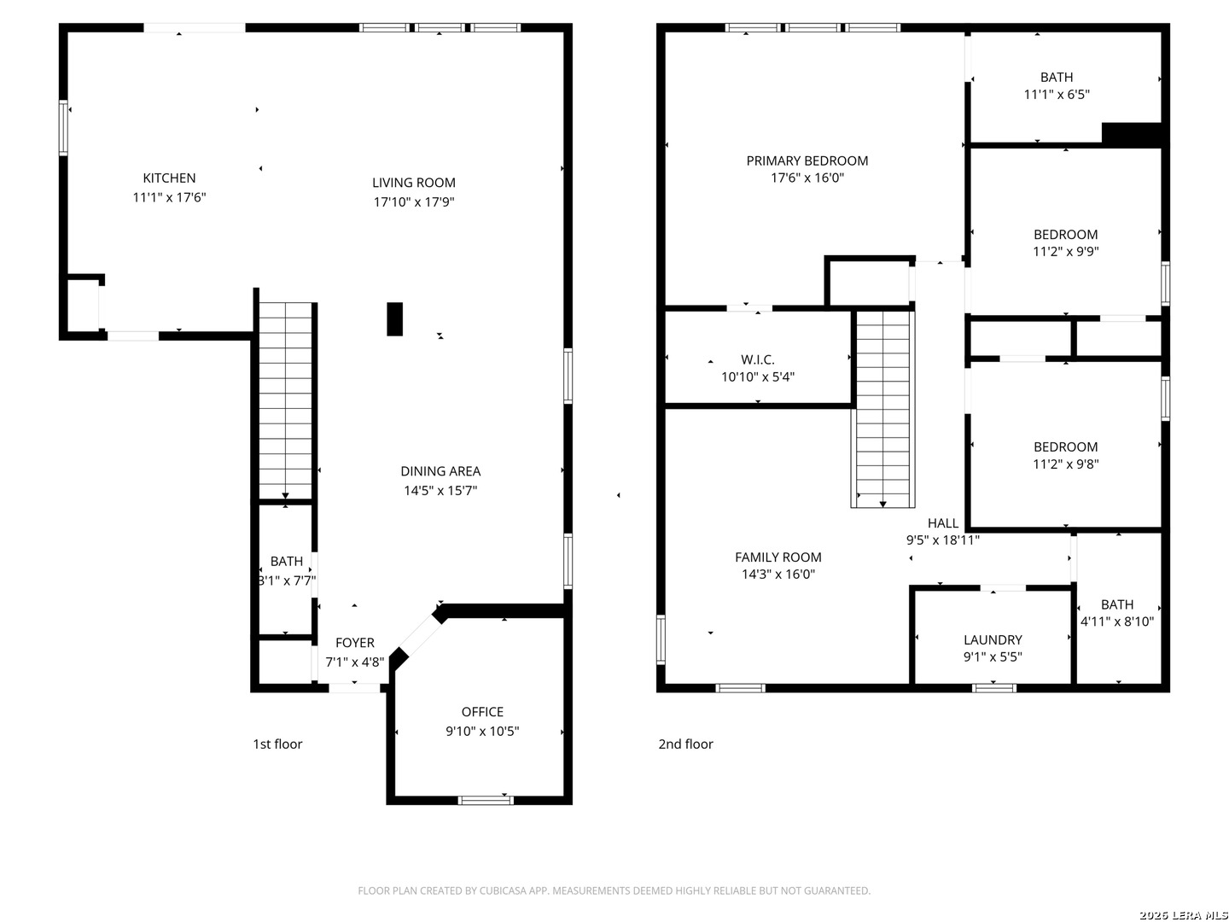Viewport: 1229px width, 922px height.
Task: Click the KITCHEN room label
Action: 169,178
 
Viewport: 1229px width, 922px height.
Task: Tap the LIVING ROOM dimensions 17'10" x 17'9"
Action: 414,201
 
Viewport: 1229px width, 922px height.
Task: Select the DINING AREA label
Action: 440,471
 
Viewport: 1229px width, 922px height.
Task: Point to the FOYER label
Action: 354,643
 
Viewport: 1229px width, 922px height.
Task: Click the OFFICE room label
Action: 482,711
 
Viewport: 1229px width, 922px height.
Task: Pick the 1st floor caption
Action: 277,744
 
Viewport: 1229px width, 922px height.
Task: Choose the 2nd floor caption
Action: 685,744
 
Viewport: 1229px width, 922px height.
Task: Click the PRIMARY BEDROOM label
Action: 807,160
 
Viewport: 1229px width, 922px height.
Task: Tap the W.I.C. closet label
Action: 758,359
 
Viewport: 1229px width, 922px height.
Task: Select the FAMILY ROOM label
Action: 778,557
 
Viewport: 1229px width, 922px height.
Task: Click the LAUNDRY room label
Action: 993,640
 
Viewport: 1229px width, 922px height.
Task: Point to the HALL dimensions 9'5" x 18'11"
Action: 943,540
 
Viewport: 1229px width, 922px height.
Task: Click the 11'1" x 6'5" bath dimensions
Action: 1057,95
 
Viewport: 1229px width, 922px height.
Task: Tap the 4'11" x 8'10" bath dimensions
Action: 1117,621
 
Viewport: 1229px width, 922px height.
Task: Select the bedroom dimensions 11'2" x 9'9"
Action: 1065,251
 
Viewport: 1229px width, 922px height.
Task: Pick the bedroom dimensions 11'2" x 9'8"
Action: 1065,464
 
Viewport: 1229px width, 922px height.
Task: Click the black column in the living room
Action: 395,319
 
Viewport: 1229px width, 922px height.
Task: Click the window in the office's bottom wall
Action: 486,800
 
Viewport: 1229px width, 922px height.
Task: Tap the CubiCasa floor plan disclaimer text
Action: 614,890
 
